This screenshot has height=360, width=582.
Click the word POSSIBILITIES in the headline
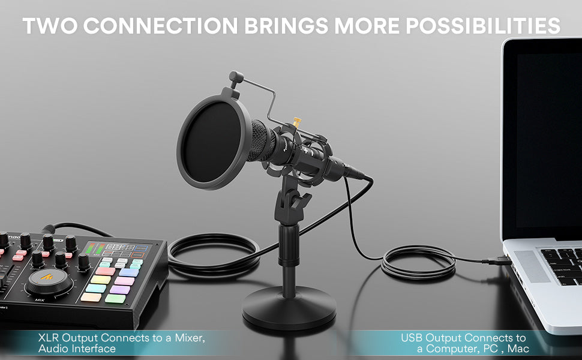(x=483, y=26)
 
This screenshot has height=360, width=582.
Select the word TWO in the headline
(x=50, y=26)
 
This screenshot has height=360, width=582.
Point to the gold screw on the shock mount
(x=297, y=122)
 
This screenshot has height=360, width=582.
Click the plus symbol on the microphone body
(x=305, y=151)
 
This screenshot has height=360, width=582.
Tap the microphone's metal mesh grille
(x=262, y=141)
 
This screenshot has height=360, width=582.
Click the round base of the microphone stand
(x=289, y=307)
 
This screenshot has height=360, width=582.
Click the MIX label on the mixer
(x=40, y=300)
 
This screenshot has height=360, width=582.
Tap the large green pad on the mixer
(x=115, y=298)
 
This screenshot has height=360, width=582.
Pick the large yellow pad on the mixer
(x=101, y=280)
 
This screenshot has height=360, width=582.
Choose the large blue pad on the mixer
(x=129, y=272)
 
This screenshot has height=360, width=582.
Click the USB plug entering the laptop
(x=497, y=260)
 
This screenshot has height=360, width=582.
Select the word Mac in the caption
(x=518, y=349)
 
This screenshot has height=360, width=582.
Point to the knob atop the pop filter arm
(x=236, y=77)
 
